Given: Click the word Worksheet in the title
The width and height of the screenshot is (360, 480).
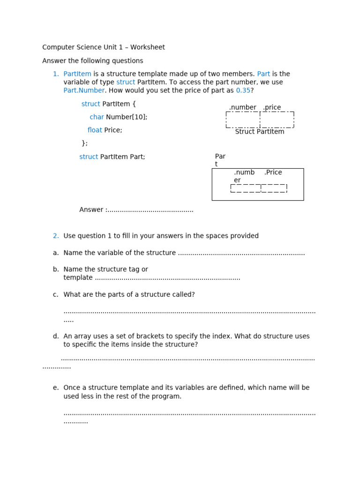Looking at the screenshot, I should pyautogui.click(x=148, y=47).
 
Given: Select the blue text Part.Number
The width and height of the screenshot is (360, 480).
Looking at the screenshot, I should pyautogui.click(x=84, y=90).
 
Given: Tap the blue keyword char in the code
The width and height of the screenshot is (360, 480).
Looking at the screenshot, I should pyautogui.click(x=97, y=117).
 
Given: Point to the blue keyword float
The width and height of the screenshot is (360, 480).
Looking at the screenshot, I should pyautogui.click(x=95, y=130).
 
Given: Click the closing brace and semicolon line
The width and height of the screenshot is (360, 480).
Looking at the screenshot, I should pyautogui.click(x=84, y=143).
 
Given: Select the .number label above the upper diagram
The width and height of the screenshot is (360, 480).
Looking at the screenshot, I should pyautogui.click(x=242, y=107).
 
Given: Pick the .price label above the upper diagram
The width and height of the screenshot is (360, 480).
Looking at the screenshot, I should pyautogui.click(x=272, y=107).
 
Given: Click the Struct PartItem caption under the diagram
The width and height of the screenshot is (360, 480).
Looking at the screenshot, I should pyautogui.click(x=260, y=132).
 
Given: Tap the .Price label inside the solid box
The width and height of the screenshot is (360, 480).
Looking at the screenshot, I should pyautogui.click(x=273, y=172).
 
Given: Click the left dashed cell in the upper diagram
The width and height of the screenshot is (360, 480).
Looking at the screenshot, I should pyautogui.click(x=243, y=120).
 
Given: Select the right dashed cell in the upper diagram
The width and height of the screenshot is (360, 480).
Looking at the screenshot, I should pyautogui.click(x=277, y=120).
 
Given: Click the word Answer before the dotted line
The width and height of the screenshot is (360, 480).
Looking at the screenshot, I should pyautogui.click(x=91, y=210).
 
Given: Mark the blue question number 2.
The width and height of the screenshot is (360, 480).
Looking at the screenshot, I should pyautogui.click(x=56, y=236).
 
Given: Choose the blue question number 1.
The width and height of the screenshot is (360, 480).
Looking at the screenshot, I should pyautogui.click(x=56, y=74).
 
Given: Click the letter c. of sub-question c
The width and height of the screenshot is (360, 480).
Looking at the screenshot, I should pyautogui.click(x=56, y=295).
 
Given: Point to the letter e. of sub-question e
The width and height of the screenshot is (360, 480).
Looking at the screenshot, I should pyautogui.click(x=56, y=388).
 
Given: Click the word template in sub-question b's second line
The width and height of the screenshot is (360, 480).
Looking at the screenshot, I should pyautogui.click(x=78, y=278).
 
